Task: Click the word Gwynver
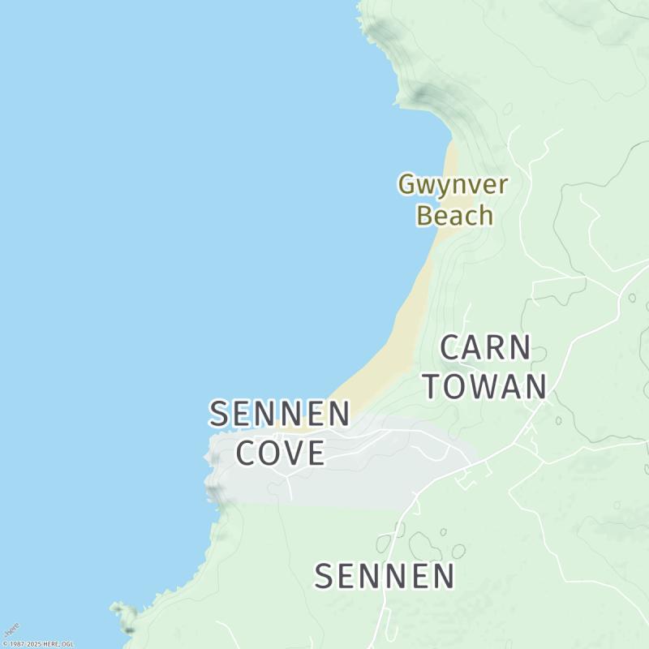(453, 185)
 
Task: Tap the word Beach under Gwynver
(454, 216)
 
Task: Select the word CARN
(485, 348)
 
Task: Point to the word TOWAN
(485, 386)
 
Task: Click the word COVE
(281, 453)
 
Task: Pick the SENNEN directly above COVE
(280, 414)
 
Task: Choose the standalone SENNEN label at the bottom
(385, 577)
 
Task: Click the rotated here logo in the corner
(11, 630)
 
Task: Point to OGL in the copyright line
(67, 644)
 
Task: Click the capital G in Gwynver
(406, 185)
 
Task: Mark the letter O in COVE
(267, 453)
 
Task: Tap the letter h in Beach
(485, 216)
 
